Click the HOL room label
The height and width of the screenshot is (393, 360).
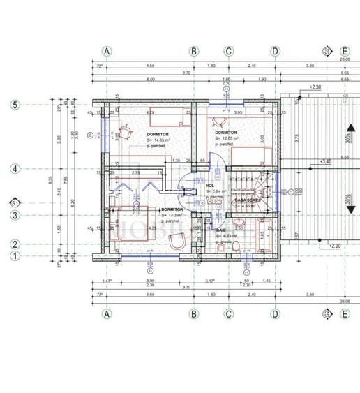pyautogui.click(x=210, y=186)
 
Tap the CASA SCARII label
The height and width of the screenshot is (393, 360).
pyautogui.click(x=248, y=200)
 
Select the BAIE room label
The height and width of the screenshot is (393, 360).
pyautogui.click(x=221, y=229)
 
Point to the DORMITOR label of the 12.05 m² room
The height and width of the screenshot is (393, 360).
pyautogui.click(x=226, y=133)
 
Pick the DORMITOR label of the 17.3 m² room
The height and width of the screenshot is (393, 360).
pyautogui.click(x=172, y=209)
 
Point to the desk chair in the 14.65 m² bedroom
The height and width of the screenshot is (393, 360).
pyautogui.click(x=125, y=131)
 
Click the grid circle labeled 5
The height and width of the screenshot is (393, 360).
pyautogui.click(x=14, y=105)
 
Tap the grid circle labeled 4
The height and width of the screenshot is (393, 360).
pyautogui.click(x=14, y=168)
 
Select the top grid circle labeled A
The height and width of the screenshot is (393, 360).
pyautogui.click(x=107, y=51)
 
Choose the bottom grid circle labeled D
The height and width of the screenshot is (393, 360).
pyautogui.click(x=275, y=314)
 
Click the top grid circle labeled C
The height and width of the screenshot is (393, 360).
pyautogui.click(x=227, y=51)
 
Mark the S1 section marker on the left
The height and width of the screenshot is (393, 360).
pyautogui.click(x=14, y=202)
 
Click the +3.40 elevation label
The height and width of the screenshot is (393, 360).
pyautogui.click(x=324, y=162)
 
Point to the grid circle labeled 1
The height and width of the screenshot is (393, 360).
pyautogui.click(x=14, y=256)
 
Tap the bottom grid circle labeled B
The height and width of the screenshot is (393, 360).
pyautogui.click(x=194, y=314)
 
